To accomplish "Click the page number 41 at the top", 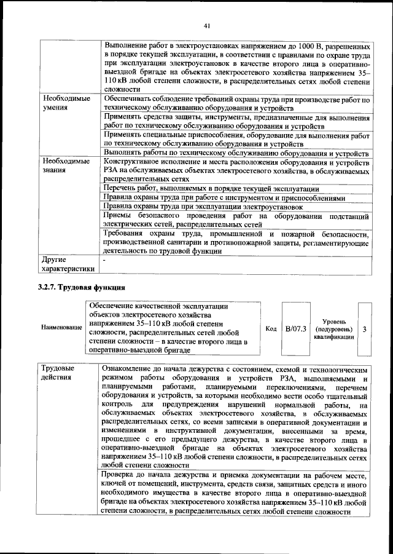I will pyautogui.click(x=206, y=25).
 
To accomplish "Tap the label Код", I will pyautogui.click(x=270, y=330).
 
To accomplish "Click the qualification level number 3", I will pyautogui.click(x=365, y=330).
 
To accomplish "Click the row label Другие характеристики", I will pyautogui.click(x=68, y=264).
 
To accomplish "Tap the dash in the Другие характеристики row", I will pyautogui.click(x=105, y=260).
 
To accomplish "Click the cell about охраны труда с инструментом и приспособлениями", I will pyautogui.click(x=224, y=198).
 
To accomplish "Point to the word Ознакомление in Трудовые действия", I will pyautogui.click(x=130, y=368).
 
